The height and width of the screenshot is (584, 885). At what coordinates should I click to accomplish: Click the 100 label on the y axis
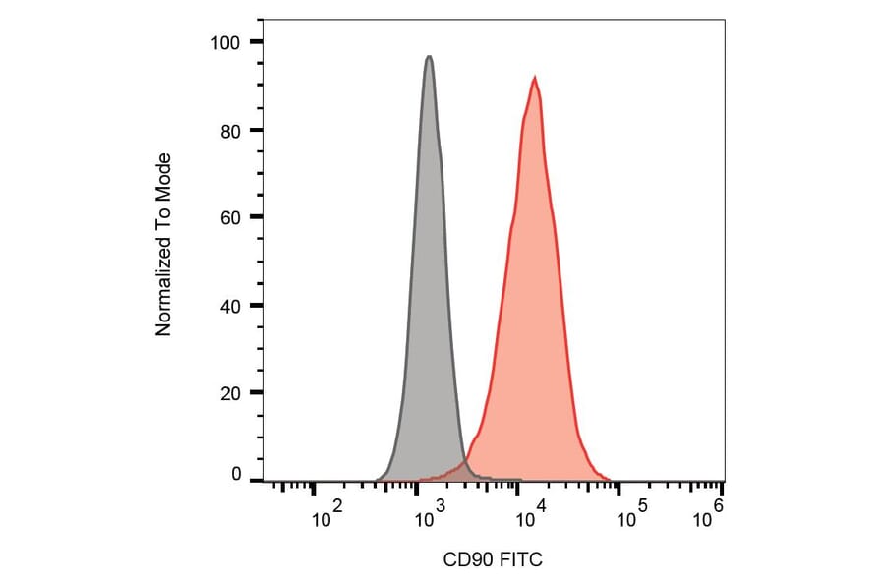tap(226, 42)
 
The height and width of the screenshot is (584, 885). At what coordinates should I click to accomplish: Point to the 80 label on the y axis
tap(230, 130)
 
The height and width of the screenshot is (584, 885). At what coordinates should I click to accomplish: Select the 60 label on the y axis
tap(230, 217)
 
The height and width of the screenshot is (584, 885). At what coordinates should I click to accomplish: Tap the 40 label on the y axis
tap(230, 305)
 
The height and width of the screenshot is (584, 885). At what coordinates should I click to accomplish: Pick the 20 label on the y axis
tap(230, 392)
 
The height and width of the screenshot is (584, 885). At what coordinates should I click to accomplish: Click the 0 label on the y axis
tap(235, 475)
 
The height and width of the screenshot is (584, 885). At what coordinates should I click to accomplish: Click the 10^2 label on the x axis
tap(325, 515)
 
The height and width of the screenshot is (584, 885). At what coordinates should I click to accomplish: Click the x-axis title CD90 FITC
tap(493, 560)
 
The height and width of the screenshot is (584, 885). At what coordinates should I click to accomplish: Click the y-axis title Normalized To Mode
tap(164, 244)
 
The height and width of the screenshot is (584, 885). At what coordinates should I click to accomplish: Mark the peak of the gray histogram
tap(429, 57)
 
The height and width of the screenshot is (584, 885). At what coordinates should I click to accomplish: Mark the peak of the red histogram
tap(534, 78)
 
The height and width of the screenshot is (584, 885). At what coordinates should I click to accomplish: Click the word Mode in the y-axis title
tap(164, 175)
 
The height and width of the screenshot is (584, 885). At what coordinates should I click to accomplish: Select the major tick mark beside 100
tap(256, 42)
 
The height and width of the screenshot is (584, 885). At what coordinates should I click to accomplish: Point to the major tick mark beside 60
tap(256, 217)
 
